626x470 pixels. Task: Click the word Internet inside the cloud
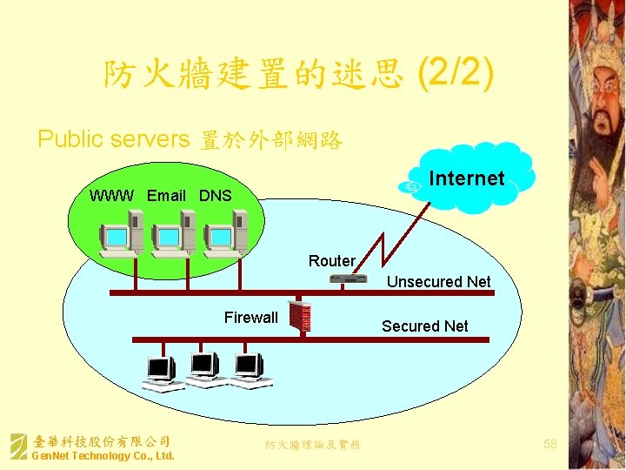pos(466,178)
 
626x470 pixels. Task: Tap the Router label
pos(331,261)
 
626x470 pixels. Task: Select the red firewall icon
pos(300,318)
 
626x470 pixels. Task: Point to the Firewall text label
pos(250,318)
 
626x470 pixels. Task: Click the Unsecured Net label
pos(438,282)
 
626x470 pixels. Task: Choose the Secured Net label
pos(424,326)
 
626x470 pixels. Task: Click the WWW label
pos(111,196)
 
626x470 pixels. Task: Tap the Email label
pos(166,196)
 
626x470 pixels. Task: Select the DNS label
pos(215,196)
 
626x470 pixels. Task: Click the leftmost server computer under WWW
pos(120,236)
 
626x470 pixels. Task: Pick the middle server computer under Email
pos(171,236)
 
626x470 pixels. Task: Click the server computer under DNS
pos(223,236)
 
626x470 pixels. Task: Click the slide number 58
pos(549,445)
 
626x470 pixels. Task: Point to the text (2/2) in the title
pos(456,75)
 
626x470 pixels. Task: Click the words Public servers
pos(113,139)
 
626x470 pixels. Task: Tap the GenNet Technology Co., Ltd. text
pos(103,456)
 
